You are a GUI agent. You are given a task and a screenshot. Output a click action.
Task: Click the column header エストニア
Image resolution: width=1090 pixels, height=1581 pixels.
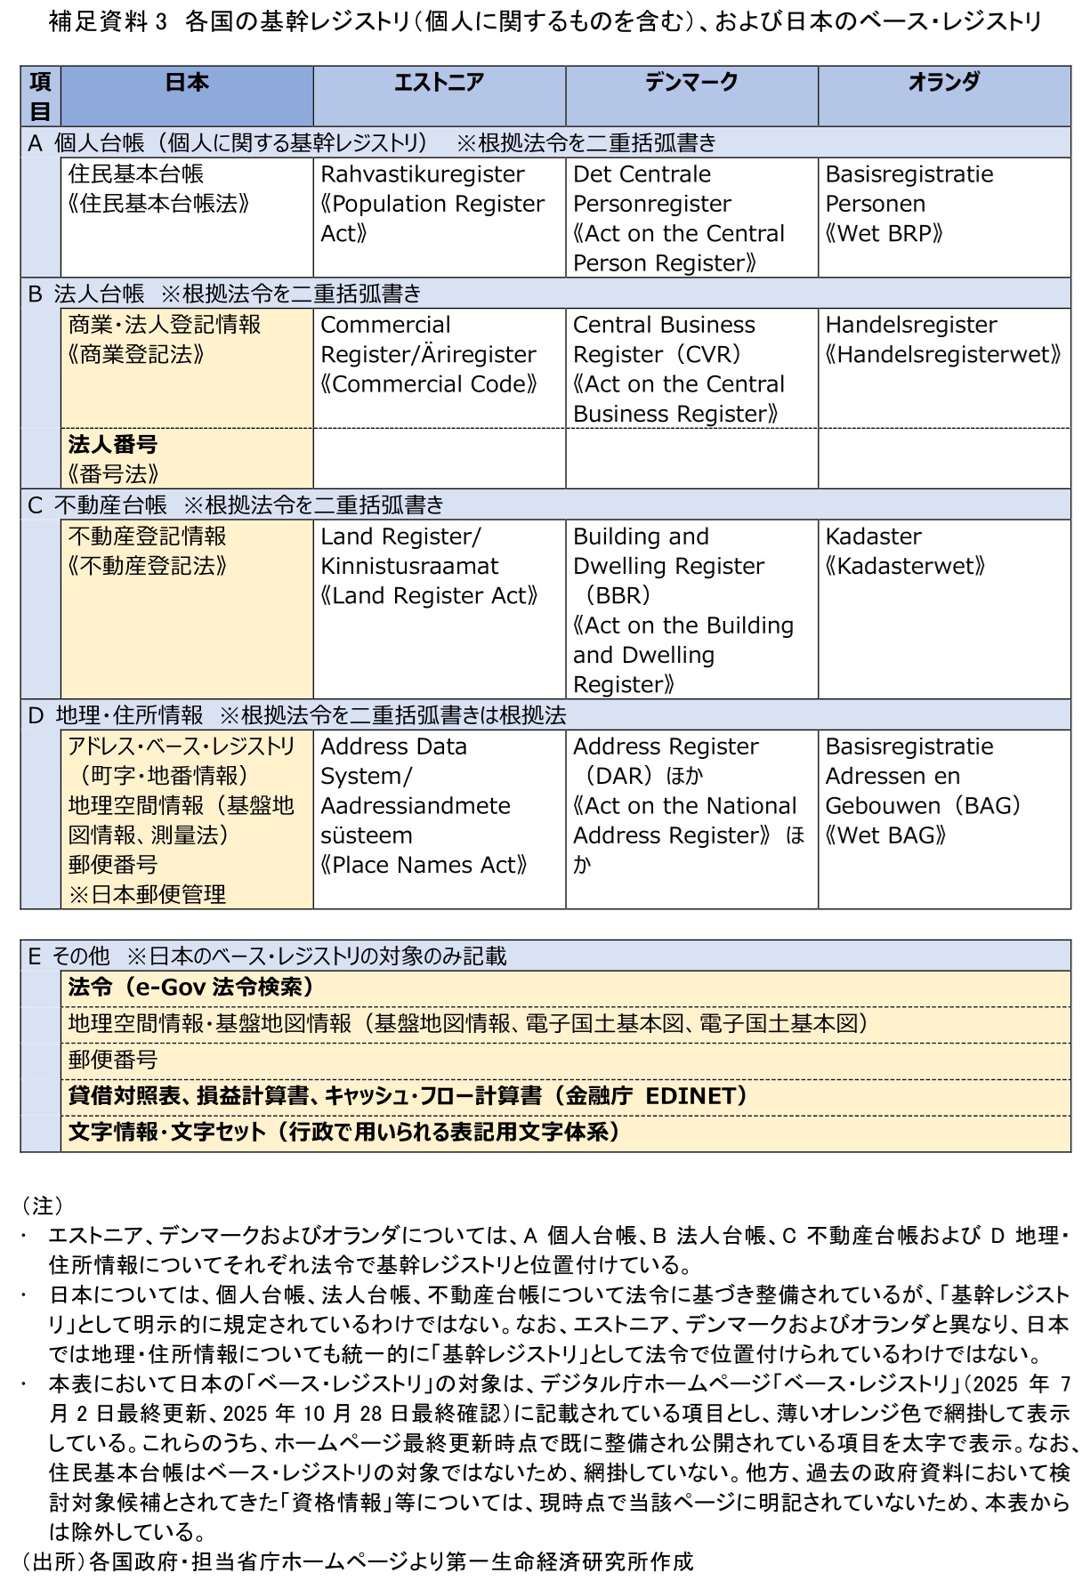click(x=439, y=83)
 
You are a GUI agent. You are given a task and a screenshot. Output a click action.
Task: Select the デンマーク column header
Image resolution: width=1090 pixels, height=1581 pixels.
click(x=691, y=83)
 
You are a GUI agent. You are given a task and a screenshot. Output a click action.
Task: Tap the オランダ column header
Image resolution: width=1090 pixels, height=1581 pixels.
click(x=943, y=83)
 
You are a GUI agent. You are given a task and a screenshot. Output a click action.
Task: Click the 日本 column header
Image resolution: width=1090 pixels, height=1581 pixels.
click(x=187, y=83)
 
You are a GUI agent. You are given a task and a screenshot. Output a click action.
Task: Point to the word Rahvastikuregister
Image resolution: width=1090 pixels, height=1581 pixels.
click(x=423, y=174)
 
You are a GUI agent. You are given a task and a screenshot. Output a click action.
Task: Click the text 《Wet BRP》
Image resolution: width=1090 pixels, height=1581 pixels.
click(x=883, y=234)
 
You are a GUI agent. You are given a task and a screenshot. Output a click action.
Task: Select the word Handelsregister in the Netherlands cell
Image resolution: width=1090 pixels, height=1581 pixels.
click(x=910, y=325)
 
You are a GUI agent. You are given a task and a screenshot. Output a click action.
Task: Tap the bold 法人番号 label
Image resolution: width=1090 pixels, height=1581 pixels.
click(x=113, y=444)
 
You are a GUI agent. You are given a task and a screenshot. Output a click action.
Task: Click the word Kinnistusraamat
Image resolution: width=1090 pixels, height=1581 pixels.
click(x=409, y=567)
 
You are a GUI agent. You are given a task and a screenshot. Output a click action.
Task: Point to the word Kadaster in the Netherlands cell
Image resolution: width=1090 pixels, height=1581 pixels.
click(x=873, y=536)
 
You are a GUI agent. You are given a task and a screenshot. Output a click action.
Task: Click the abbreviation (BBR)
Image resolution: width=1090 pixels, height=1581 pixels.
click(x=617, y=596)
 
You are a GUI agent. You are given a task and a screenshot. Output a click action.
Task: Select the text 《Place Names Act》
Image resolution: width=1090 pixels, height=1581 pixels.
click(x=424, y=865)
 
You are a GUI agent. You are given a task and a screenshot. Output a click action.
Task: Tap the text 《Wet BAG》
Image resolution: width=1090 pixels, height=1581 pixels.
click(x=884, y=835)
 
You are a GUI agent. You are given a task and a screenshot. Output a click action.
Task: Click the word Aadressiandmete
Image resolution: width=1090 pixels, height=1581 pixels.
click(x=416, y=806)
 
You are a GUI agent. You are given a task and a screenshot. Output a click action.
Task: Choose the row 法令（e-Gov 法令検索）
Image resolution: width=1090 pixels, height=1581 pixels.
click(x=190, y=988)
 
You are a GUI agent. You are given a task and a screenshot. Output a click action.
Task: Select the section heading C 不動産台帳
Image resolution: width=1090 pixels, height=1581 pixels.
click(x=98, y=505)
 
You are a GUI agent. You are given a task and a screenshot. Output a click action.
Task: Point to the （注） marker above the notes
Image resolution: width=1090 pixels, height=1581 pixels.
click(x=43, y=1206)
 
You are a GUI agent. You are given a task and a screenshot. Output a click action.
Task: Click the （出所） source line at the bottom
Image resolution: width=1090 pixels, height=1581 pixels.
click(x=356, y=1561)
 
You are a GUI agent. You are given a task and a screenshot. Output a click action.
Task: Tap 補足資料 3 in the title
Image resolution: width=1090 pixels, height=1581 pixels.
click(x=107, y=21)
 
